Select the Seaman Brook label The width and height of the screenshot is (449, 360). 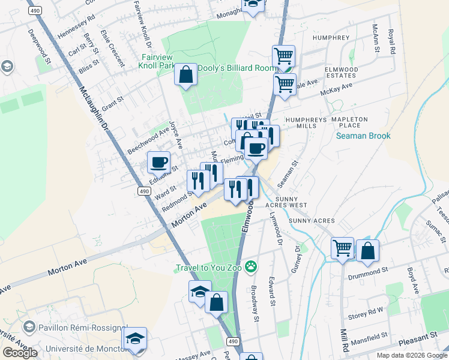(x=363, y=136)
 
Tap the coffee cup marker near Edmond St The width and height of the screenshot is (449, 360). (x=159, y=162)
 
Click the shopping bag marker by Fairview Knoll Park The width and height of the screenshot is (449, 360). (x=186, y=75)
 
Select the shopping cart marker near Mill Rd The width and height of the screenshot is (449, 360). (x=342, y=247)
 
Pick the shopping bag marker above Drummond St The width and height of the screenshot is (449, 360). (x=367, y=250)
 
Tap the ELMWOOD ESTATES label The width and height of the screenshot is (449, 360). (x=341, y=73)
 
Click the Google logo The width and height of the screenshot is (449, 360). (x=20, y=353)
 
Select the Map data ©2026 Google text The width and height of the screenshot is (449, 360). (x=411, y=355)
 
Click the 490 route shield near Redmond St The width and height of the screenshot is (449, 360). (x=143, y=191)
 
